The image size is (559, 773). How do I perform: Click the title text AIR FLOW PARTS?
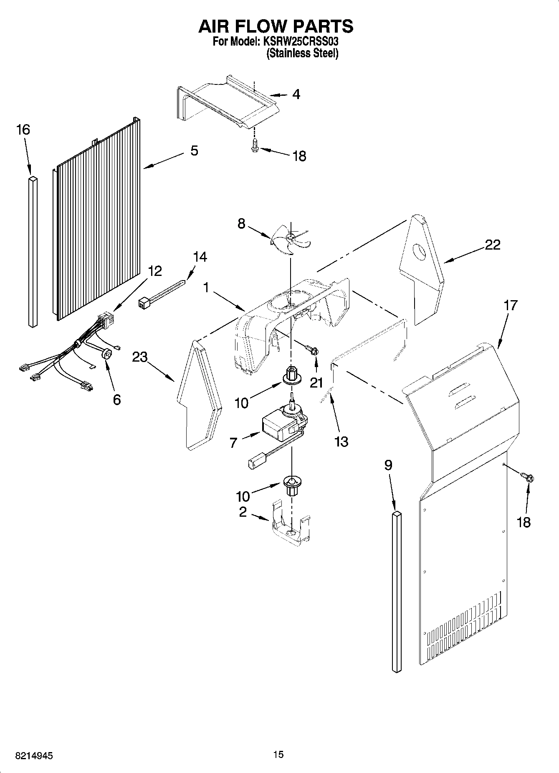coord(276,26)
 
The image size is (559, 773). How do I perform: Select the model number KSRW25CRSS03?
coord(300,42)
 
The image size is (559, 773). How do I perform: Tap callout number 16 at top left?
coord(23,130)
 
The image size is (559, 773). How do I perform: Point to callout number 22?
coord(492,245)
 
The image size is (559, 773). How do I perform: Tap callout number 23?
coord(140,357)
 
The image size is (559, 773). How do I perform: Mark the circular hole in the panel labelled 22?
coord(419,252)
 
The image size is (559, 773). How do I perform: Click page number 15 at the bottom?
coord(278,754)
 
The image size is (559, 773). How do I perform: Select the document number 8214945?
coord(35,756)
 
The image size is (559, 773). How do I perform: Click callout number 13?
coord(341,441)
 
